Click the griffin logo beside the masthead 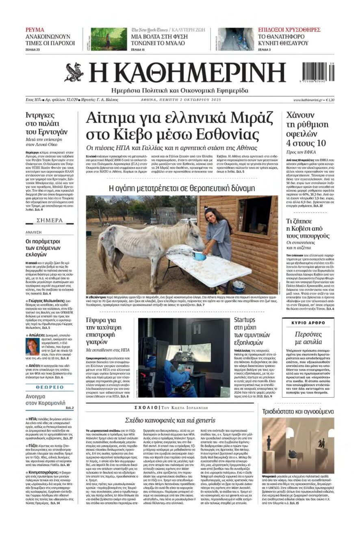(x=74, y=72)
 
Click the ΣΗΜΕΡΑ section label (x=50, y=220)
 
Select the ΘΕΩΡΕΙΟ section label (x=50, y=387)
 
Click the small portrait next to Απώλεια (x=32, y=347)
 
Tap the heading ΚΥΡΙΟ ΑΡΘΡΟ (x=308, y=323)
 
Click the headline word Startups (x=245, y=320)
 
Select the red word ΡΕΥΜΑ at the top (x=35, y=30)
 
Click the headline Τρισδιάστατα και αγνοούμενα (x=298, y=411)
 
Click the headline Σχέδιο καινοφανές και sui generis (x=170, y=420)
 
